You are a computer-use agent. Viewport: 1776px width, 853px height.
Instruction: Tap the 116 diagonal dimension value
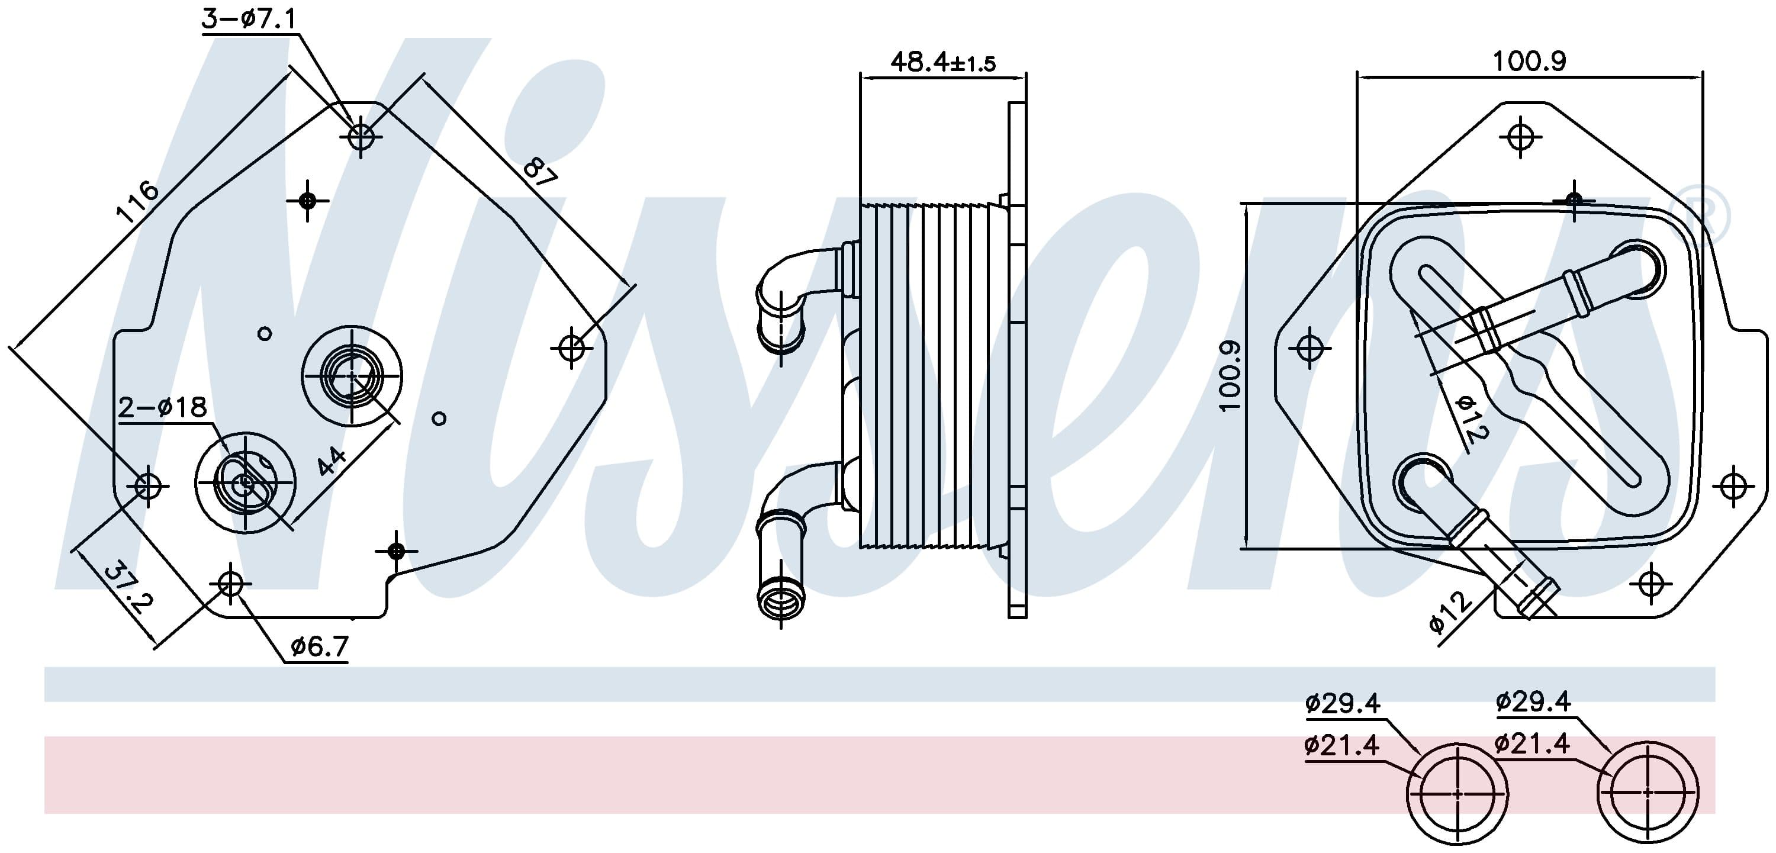tap(138, 201)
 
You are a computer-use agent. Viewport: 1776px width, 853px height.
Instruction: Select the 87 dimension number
tap(539, 172)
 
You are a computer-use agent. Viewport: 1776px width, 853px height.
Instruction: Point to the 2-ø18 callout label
tap(162, 407)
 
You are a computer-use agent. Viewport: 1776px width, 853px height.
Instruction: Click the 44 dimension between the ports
tap(332, 461)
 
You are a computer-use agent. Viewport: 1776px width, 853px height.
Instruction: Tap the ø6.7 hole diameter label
tap(319, 647)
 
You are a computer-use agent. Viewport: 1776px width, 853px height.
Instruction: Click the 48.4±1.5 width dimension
tap(943, 62)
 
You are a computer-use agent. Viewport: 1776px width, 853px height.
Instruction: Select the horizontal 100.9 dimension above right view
tap(1529, 62)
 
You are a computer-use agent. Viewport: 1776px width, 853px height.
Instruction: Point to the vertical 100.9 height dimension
tap(1230, 376)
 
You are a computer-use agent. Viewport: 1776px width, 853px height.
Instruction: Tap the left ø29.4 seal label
tap(1341, 703)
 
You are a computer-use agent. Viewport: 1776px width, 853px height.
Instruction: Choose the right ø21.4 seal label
tap(1532, 743)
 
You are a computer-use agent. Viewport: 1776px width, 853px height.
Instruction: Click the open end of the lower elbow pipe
tap(780, 594)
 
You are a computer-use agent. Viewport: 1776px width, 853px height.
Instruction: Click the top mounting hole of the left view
tap(361, 136)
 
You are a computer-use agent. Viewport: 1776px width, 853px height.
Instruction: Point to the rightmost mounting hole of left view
tap(571, 347)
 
